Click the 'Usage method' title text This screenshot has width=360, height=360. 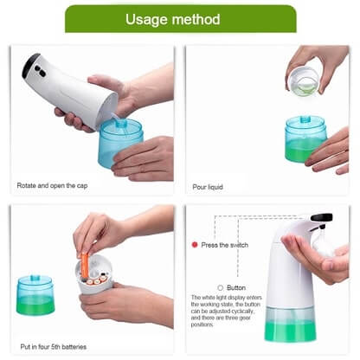[172, 20]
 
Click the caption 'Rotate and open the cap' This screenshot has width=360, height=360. [52, 185]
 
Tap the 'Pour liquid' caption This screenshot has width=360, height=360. [208, 187]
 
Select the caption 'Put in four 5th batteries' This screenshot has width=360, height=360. [54, 346]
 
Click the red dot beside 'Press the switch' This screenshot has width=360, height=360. [195, 245]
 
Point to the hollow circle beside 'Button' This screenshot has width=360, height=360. [221, 287]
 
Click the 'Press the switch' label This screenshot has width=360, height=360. [225, 245]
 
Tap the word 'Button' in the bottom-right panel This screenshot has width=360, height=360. [236, 287]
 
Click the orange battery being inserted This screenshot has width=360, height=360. [84, 266]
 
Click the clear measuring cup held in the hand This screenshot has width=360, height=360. [304, 80]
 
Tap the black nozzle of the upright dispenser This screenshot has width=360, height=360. [321, 217]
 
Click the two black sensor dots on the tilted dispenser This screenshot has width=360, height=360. [41, 71]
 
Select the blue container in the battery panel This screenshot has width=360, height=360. [35, 294]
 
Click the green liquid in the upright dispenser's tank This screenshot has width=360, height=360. [291, 332]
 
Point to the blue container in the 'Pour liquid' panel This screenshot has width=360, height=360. [305, 139]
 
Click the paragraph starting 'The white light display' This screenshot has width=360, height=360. [226, 311]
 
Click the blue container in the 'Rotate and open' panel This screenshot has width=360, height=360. [120, 142]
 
